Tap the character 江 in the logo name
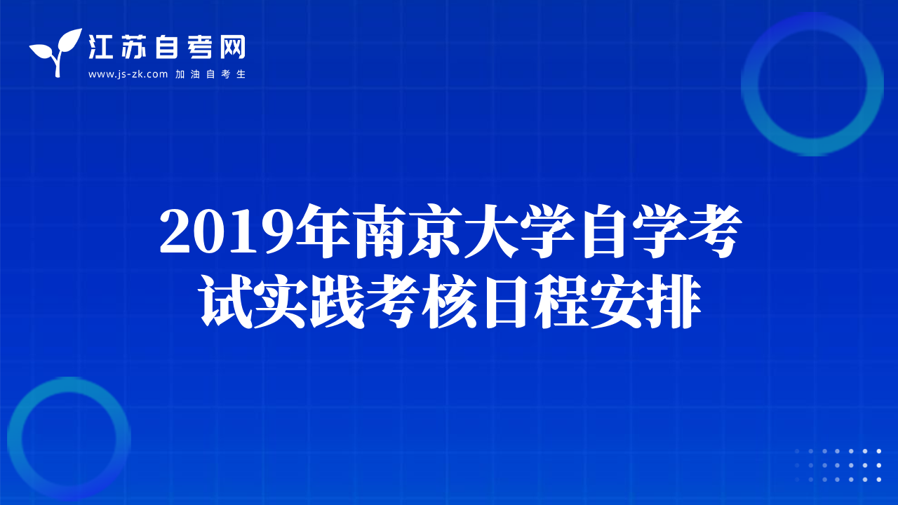[100, 47]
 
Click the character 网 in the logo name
[232, 47]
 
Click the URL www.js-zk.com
[128, 74]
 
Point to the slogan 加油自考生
[210, 74]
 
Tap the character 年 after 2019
[322, 231]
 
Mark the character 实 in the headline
[281, 302]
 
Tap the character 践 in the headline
[337, 302]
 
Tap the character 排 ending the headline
[674, 302]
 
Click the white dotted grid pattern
[838, 465]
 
